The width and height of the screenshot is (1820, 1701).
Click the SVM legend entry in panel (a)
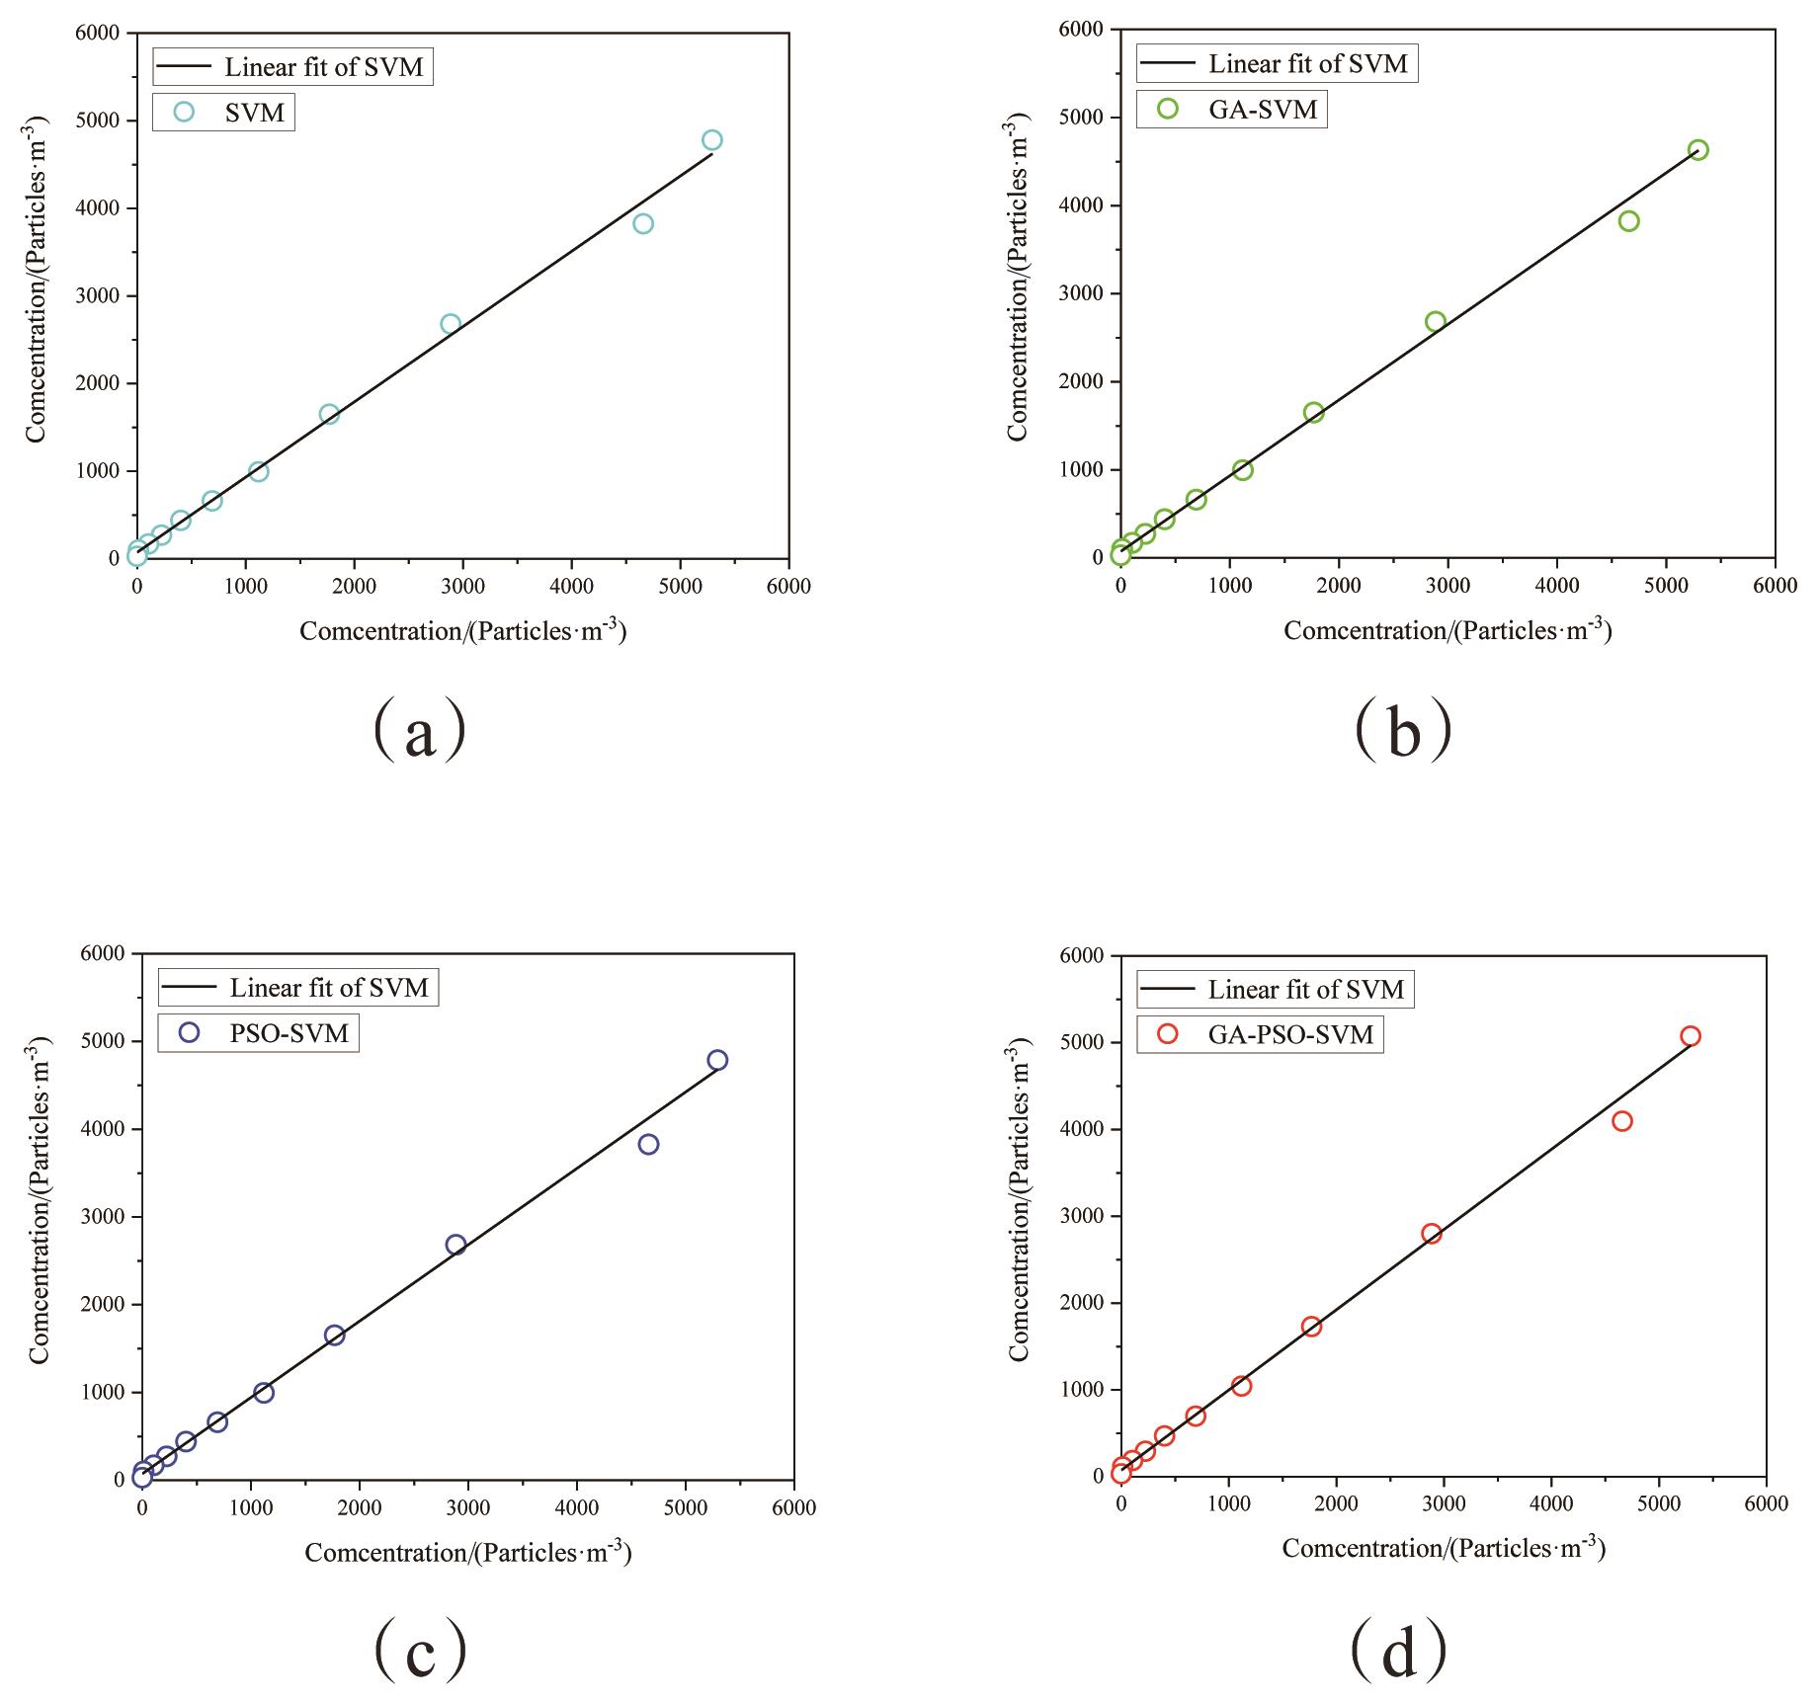pyautogui.click(x=254, y=113)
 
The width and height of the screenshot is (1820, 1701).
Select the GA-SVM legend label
pyautogui.click(x=1263, y=109)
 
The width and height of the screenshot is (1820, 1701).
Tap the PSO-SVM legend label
pyautogui.click(x=289, y=1033)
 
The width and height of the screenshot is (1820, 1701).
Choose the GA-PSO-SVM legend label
pyautogui.click(x=1290, y=1034)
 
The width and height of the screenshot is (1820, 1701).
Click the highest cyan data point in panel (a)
pyautogui.click(x=712, y=140)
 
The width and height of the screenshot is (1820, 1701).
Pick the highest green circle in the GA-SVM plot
pyautogui.click(x=1698, y=150)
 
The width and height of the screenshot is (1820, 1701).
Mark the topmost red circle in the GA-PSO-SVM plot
pyautogui.click(x=1691, y=1036)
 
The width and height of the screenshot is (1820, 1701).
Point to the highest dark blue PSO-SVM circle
pyautogui.click(x=717, y=1060)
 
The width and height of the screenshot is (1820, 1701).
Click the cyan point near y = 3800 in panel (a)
pyautogui.click(x=643, y=223)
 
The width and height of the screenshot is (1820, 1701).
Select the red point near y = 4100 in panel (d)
pyautogui.click(x=1621, y=1121)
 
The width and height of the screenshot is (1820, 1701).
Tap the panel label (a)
pyautogui.click(x=419, y=729)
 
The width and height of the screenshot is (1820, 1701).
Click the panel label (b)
pyautogui.click(x=1403, y=729)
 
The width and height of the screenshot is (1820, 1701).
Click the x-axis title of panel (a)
pyautogui.click(x=462, y=630)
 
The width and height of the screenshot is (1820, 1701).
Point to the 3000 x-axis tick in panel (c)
pyautogui.click(x=468, y=1508)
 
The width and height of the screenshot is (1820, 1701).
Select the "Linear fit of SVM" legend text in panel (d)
pyautogui.click(x=1305, y=990)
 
